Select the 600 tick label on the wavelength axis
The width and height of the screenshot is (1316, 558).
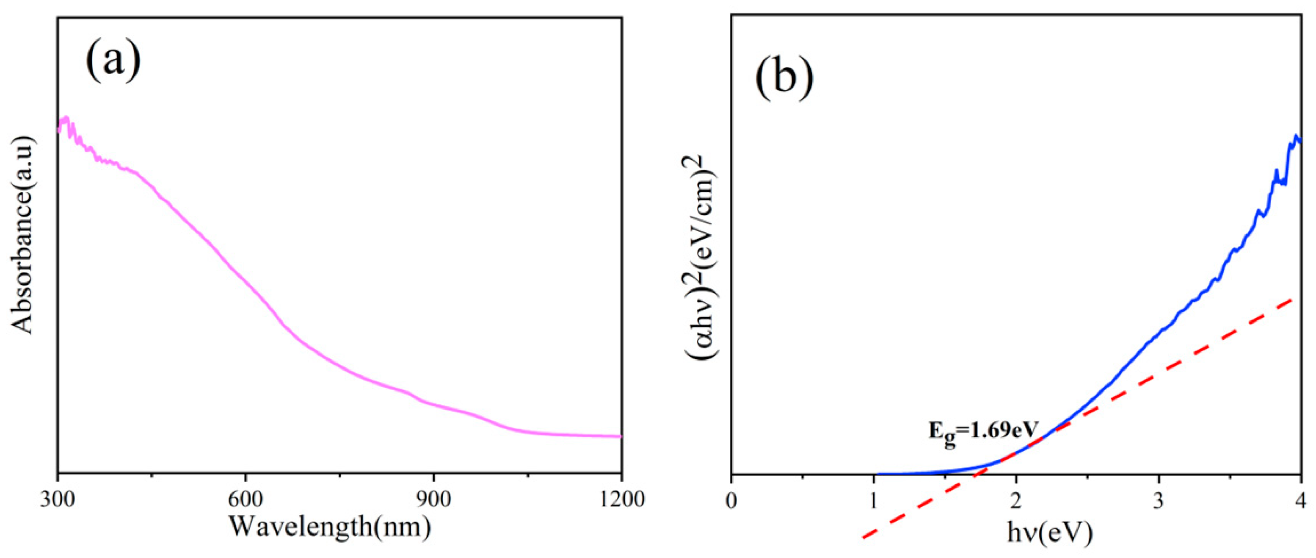coord(246,499)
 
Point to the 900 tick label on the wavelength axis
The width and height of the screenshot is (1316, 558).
coord(434,499)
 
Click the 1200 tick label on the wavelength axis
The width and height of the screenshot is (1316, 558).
coord(622,499)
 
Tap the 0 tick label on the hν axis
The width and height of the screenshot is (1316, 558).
coord(731,499)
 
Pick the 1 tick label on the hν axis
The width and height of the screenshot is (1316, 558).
coord(874,499)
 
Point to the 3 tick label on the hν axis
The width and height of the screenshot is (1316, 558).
coord(1159,499)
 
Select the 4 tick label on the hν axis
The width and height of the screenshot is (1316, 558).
coord(1300,499)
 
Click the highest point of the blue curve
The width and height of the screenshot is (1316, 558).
coord(1296,136)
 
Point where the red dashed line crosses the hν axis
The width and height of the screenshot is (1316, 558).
coord(973,474)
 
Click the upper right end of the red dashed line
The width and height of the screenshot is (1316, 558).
coord(1291,301)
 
